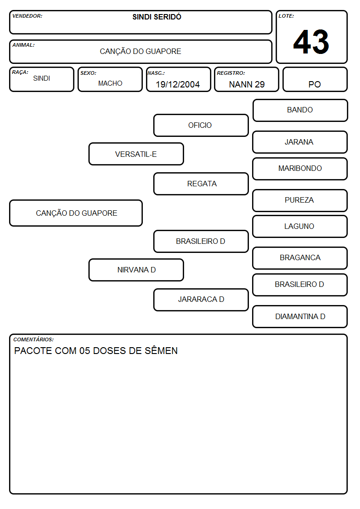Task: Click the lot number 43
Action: pyautogui.click(x=311, y=42)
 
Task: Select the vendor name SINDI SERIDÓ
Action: pyautogui.click(x=157, y=17)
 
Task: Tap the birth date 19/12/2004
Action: pyautogui.click(x=178, y=84)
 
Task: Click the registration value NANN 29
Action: pyautogui.click(x=247, y=84)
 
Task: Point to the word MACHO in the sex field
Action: pyautogui.click(x=110, y=83)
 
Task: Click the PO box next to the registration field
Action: pyautogui.click(x=315, y=79)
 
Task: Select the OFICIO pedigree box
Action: pyautogui.click(x=201, y=125)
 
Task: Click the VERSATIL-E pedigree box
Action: pyautogui.click(x=136, y=154)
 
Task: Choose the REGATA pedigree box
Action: pyautogui.click(x=201, y=184)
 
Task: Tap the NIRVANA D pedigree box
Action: pyautogui.click(x=136, y=270)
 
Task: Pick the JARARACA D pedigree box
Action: pyautogui.click(x=201, y=300)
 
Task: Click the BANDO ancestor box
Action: pyautogui.click(x=300, y=111)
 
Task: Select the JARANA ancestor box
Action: pyautogui.click(x=300, y=142)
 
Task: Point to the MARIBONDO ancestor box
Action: pyautogui.click(x=300, y=169)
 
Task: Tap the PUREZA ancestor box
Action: pyautogui.click(x=300, y=200)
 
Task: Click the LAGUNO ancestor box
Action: pyautogui.click(x=300, y=226)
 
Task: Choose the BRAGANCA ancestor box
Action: pyautogui.click(x=300, y=258)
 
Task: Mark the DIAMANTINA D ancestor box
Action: pyautogui.click(x=300, y=316)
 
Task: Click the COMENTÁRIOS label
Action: pyautogui.click(x=34, y=339)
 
